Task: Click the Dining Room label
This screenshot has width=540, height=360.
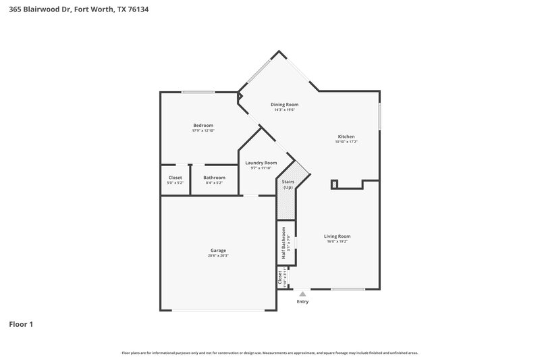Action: coord(284,105)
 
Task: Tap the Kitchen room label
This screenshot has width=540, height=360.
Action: coord(346,136)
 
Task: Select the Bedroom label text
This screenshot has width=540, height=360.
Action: coord(203,125)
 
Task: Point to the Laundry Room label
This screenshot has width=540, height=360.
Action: coord(261,163)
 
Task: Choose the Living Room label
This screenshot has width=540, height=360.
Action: coord(337,236)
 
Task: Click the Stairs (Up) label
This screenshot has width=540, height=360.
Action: coord(288,184)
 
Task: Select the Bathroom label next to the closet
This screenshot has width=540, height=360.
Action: coord(214,178)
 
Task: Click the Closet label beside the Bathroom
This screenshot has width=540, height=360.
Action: coord(175,178)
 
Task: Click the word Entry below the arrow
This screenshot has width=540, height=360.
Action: coord(302,301)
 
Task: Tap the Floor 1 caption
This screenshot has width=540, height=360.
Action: coord(21,324)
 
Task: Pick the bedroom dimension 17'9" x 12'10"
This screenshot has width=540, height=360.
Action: coord(203,130)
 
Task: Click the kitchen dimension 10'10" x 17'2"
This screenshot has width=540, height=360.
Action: coord(346,142)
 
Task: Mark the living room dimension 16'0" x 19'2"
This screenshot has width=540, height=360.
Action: coord(337,241)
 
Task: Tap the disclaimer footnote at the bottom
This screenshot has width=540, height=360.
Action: coord(270,353)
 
